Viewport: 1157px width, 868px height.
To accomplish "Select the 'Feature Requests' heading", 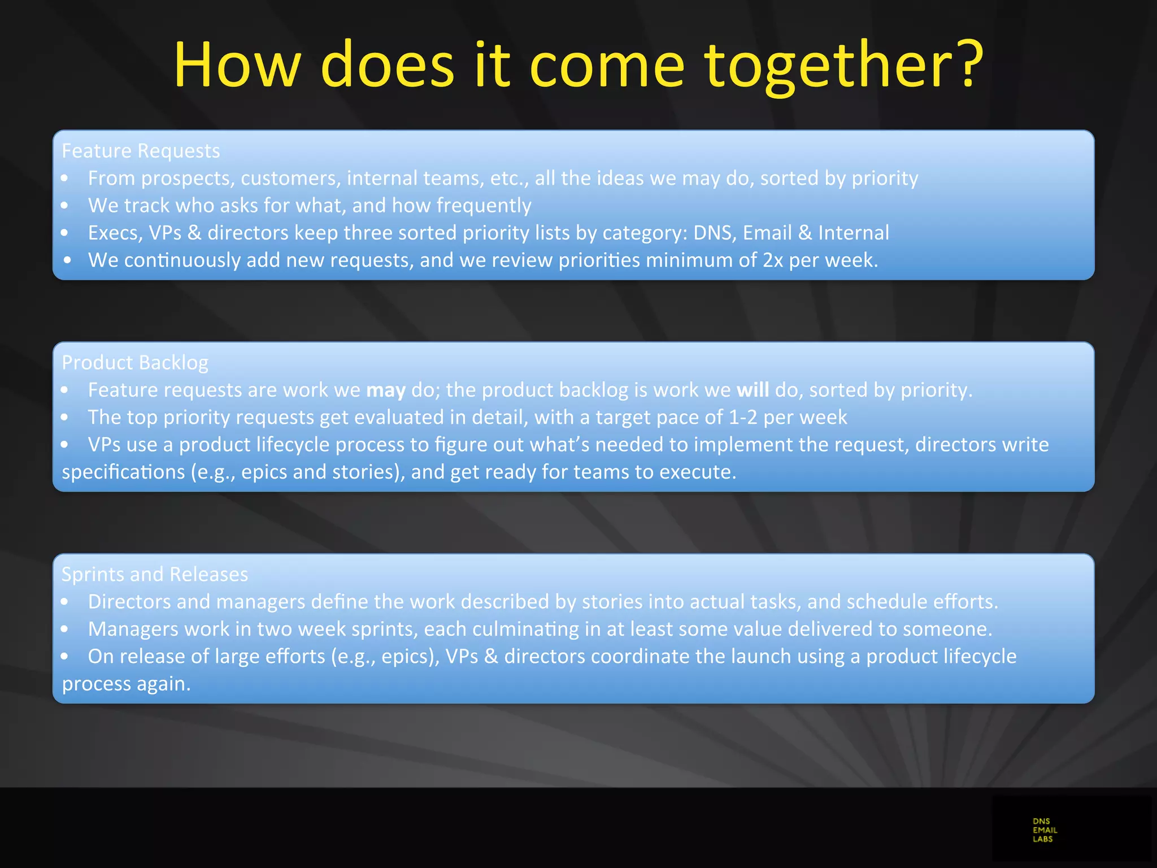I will click(x=141, y=151).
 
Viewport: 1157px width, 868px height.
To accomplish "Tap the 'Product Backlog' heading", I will click(x=135, y=362).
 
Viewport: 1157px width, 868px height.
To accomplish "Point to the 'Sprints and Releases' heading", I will click(x=155, y=574).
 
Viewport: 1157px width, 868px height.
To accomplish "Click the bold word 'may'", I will click(x=386, y=390).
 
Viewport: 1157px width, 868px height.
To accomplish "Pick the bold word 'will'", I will click(x=753, y=390).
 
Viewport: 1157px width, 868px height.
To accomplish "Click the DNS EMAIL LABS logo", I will click(x=1045, y=830).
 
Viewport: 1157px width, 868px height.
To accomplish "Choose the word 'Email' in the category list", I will click(x=767, y=233).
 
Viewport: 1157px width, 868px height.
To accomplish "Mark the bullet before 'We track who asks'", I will click(x=65, y=206).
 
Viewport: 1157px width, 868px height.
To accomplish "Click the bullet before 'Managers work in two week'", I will click(x=65, y=629).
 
